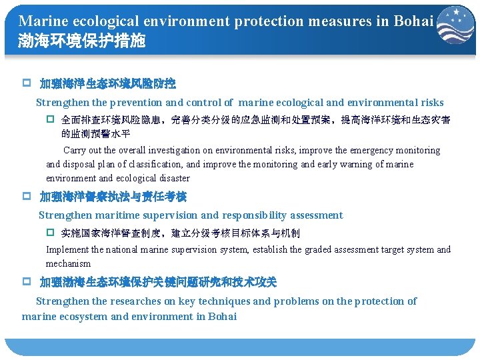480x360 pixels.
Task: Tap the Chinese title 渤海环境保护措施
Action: (82, 41)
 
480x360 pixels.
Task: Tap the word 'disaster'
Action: (173, 179)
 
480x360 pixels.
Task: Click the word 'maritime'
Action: (121, 215)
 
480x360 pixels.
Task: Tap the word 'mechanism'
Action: (68, 264)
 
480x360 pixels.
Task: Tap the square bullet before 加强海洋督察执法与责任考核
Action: (27, 197)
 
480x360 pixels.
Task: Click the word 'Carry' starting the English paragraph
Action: (75, 151)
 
